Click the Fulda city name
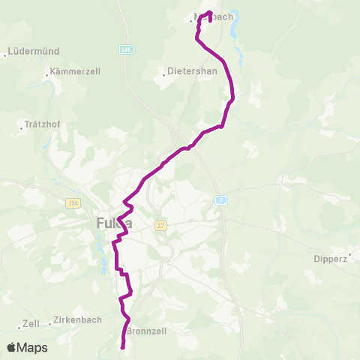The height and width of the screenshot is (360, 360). (x=115, y=223)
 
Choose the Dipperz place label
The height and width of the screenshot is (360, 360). (x=331, y=259)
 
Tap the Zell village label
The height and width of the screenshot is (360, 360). (x=31, y=324)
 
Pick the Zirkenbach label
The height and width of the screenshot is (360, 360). (x=78, y=320)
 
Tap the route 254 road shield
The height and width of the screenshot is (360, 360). (x=73, y=204)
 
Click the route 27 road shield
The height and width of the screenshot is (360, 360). (x=160, y=224)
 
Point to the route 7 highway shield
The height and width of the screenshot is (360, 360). (x=220, y=199)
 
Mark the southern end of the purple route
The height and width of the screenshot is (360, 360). (x=122, y=346)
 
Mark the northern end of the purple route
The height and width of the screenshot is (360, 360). (x=209, y=13)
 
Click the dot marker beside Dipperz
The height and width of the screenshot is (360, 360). (x=349, y=256)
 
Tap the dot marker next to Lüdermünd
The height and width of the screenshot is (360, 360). (x=6, y=55)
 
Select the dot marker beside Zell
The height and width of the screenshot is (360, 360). (x=19, y=328)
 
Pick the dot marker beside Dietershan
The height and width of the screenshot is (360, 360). (x=164, y=74)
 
